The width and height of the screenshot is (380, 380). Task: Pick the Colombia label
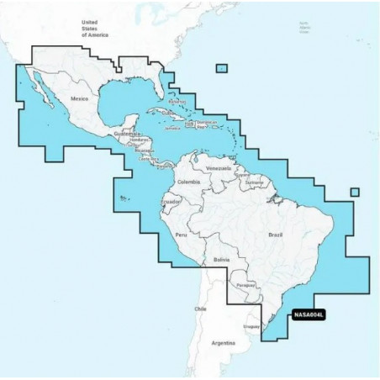[x=187, y=182]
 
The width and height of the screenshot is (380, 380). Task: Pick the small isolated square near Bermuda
[x=221, y=68]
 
